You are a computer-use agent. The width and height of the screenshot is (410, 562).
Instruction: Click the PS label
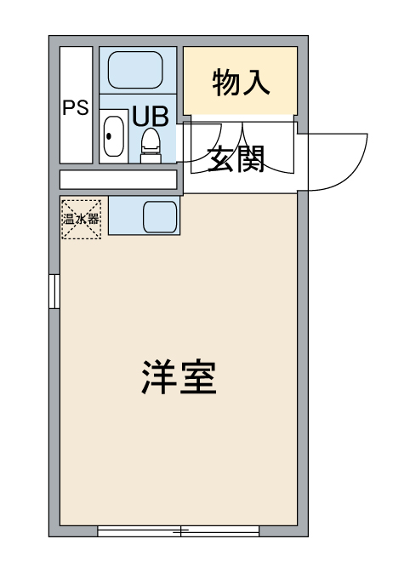(x=76, y=107)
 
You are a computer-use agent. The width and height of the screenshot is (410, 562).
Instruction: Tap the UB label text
(x=151, y=116)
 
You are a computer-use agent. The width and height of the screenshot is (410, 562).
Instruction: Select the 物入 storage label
(x=241, y=83)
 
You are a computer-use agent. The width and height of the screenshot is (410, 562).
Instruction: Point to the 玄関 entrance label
(x=236, y=159)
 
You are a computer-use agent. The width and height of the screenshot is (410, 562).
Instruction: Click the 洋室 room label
(x=179, y=377)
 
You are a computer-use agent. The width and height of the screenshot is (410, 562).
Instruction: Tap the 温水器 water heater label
(x=81, y=219)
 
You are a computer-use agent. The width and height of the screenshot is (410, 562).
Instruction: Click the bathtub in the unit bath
(x=135, y=70)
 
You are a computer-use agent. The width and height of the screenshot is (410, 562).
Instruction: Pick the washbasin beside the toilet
(x=114, y=136)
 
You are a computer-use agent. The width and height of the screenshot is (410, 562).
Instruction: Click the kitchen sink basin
(x=160, y=216)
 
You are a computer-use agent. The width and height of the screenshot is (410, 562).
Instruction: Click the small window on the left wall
(x=54, y=291)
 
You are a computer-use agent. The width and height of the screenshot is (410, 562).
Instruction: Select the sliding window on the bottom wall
(x=179, y=531)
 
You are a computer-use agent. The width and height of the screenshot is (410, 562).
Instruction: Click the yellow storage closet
(x=240, y=81)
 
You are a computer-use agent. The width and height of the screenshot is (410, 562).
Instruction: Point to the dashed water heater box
(x=82, y=220)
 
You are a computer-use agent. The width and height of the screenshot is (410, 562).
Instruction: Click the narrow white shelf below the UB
(x=118, y=180)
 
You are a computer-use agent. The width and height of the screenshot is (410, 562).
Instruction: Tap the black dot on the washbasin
(x=109, y=136)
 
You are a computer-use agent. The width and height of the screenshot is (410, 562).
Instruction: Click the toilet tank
(x=151, y=158)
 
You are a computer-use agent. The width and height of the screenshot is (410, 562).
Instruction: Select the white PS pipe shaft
(x=77, y=105)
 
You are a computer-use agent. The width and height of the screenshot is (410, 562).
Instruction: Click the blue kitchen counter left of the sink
(x=125, y=215)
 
